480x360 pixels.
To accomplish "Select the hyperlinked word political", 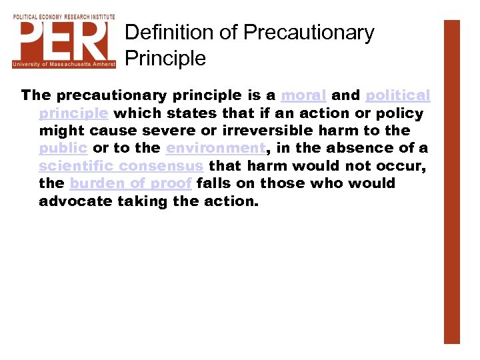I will pyautogui.click(x=398, y=95).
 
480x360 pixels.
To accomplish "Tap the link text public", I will pyautogui.click(x=63, y=148).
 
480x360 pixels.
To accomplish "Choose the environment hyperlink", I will pyautogui.click(x=215, y=148).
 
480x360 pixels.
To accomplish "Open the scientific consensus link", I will pyautogui.click(x=121, y=165).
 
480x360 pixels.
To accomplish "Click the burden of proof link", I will pyautogui.click(x=131, y=183).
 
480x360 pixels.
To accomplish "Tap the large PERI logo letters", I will pyautogui.click(x=63, y=40).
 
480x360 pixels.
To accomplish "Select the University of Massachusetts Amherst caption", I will pyautogui.click(x=63, y=64).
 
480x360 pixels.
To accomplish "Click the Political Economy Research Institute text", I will pyautogui.click(x=63, y=17).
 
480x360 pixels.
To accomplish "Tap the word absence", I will pyautogui.click(x=356, y=148).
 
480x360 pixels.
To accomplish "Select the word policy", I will pyautogui.click(x=400, y=113).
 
